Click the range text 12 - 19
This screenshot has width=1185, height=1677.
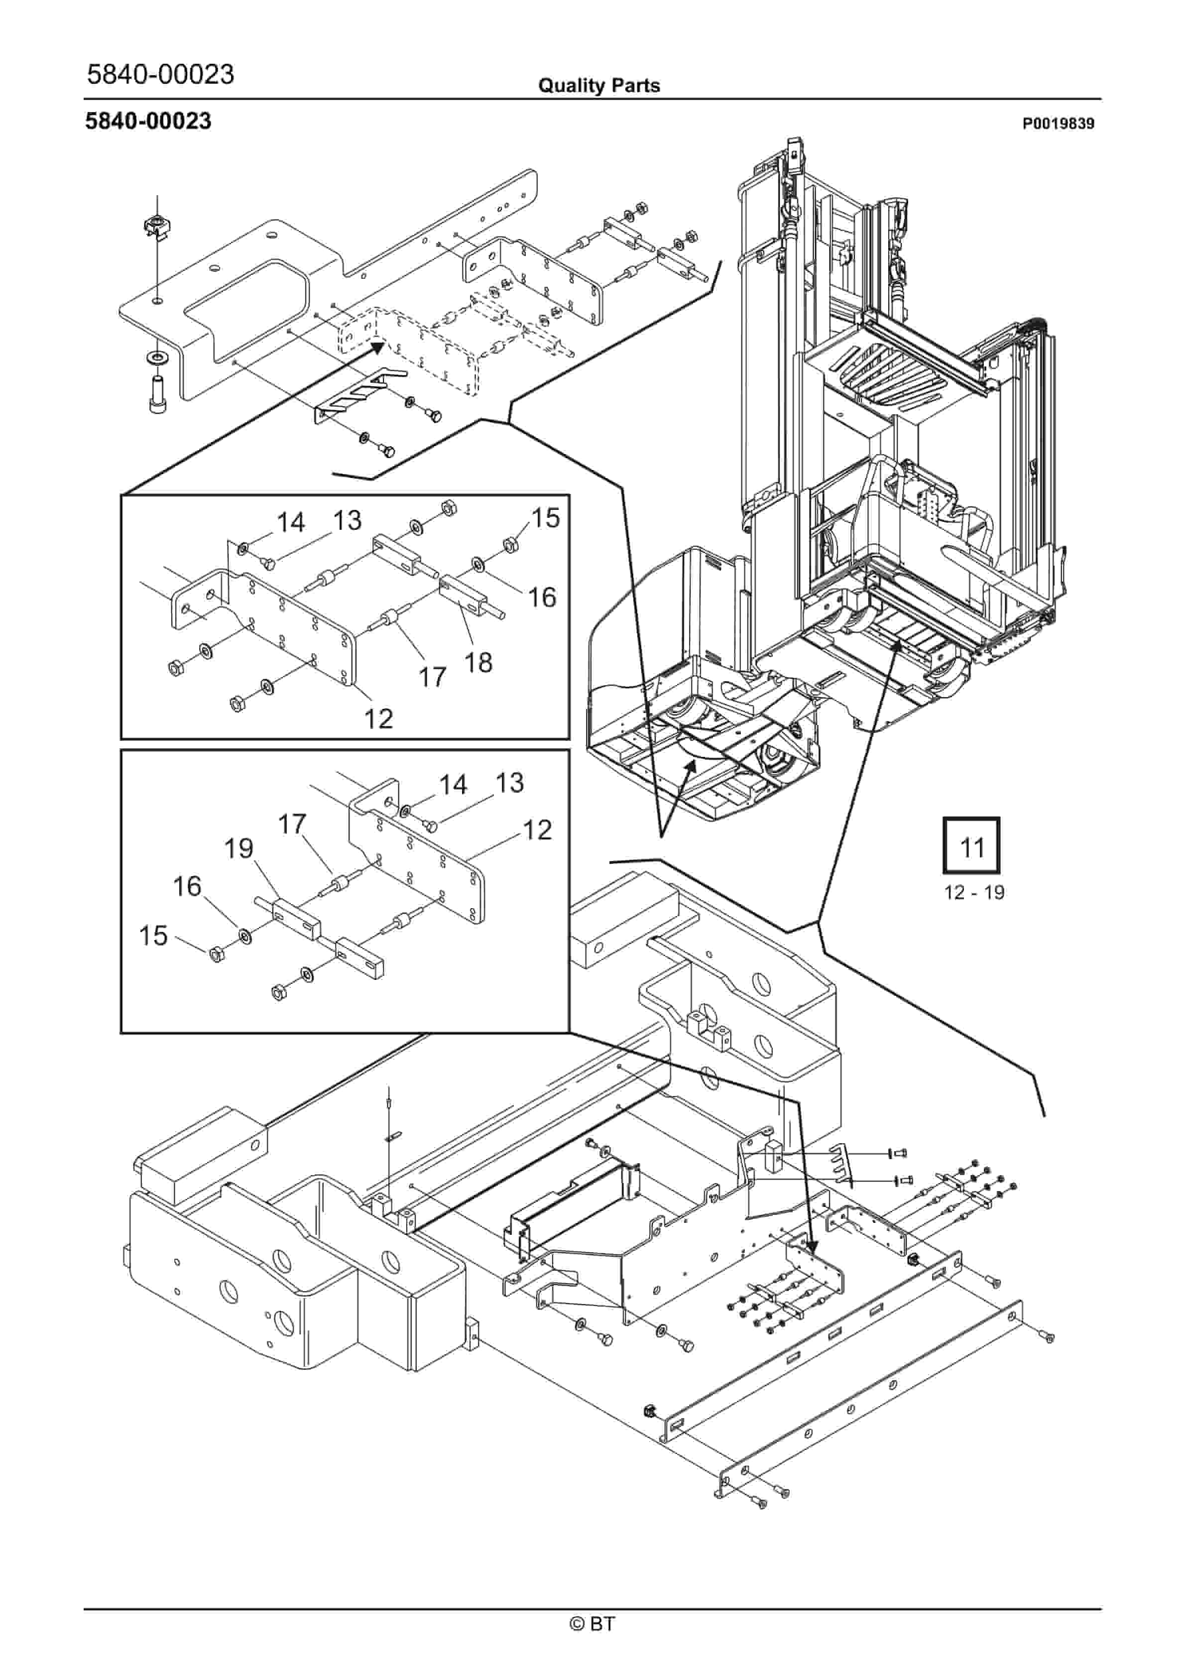click(x=974, y=893)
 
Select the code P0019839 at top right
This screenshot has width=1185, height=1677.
click(x=1058, y=123)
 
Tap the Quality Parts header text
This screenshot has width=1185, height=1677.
click(x=598, y=86)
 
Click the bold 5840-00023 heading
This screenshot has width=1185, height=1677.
click(x=148, y=120)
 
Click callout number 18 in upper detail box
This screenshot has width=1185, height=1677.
click(x=478, y=662)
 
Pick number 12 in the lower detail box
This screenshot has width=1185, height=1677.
click(x=537, y=830)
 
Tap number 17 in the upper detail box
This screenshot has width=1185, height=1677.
click(x=432, y=677)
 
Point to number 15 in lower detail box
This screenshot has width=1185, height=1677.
click(x=153, y=936)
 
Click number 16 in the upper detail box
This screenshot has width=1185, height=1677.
click(x=542, y=598)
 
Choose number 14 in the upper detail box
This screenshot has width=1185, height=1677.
click(x=290, y=522)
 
